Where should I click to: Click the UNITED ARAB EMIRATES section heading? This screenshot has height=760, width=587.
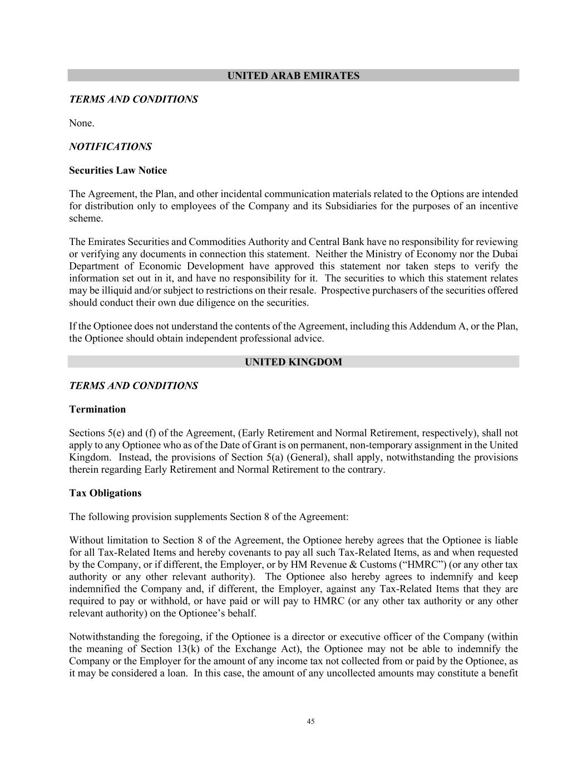point(293,76)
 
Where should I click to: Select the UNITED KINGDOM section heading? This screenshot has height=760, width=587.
point(293,362)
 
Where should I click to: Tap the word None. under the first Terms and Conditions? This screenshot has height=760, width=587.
point(81,123)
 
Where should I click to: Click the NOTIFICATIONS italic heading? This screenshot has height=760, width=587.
point(110,146)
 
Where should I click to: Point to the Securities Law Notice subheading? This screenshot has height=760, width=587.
point(118,170)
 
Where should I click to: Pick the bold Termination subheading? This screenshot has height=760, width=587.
point(97,409)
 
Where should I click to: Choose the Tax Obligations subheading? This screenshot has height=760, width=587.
point(105,493)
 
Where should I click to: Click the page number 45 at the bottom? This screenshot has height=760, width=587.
point(310,722)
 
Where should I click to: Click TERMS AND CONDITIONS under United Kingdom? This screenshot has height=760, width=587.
point(133,386)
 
